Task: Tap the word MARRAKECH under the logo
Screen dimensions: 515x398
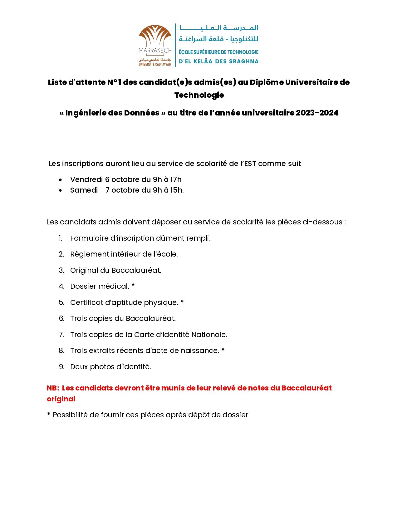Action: (155, 51)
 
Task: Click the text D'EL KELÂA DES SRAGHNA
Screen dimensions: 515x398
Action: (219, 61)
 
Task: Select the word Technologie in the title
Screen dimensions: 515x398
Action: (199, 95)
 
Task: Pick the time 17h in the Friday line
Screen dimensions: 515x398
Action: (176, 179)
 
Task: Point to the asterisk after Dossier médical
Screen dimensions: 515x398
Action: (133, 286)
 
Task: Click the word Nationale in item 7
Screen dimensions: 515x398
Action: (209, 335)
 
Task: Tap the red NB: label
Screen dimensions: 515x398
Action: (53, 388)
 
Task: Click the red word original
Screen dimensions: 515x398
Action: (61, 399)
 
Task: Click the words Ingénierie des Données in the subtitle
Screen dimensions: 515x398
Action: (112, 113)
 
